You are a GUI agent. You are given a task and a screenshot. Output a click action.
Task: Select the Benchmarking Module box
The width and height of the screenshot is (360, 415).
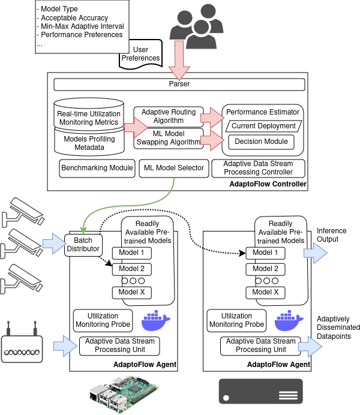[x=97, y=168]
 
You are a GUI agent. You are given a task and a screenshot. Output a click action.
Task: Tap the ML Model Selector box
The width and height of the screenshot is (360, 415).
[x=173, y=168]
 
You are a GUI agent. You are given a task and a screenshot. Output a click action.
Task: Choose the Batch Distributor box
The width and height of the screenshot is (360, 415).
[x=83, y=245]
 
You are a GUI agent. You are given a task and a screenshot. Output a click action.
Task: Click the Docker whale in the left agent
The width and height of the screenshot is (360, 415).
[x=155, y=321]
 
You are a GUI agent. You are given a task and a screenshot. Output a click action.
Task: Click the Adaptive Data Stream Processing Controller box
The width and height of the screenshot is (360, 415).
[x=259, y=168]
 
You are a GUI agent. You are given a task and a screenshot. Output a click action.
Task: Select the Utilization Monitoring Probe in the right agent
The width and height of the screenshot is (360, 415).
[x=236, y=320]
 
